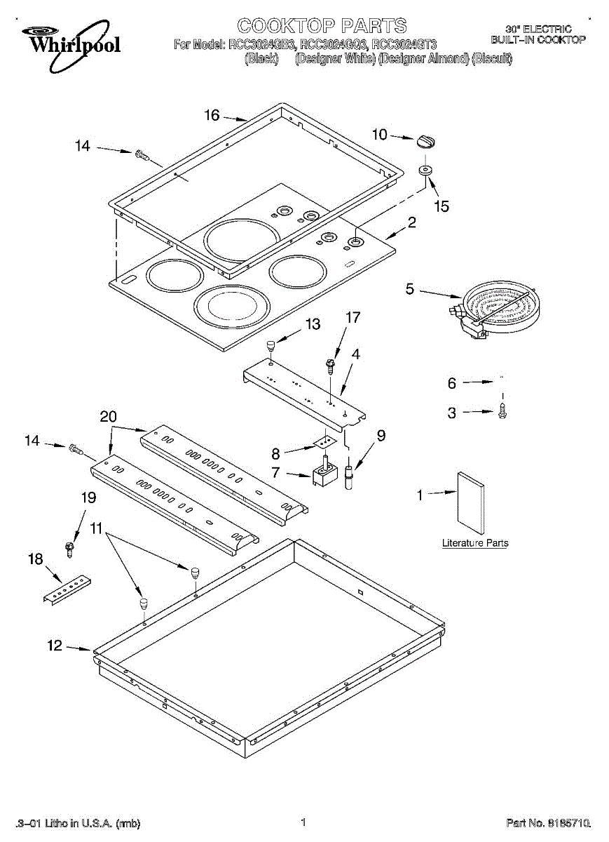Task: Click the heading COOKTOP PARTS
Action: pyautogui.click(x=322, y=27)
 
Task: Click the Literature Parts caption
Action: pyautogui.click(x=475, y=543)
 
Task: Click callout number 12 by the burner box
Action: pyautogui.click(x=55, y=646)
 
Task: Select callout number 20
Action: pyautogui.click(x=108, y=416)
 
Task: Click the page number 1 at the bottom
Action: pyautogui.click(x=303, y=822)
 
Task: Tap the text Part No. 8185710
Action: pyautogui.click(x=548, y=822)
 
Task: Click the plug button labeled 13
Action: pyautogui.click(x=268, y=345)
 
